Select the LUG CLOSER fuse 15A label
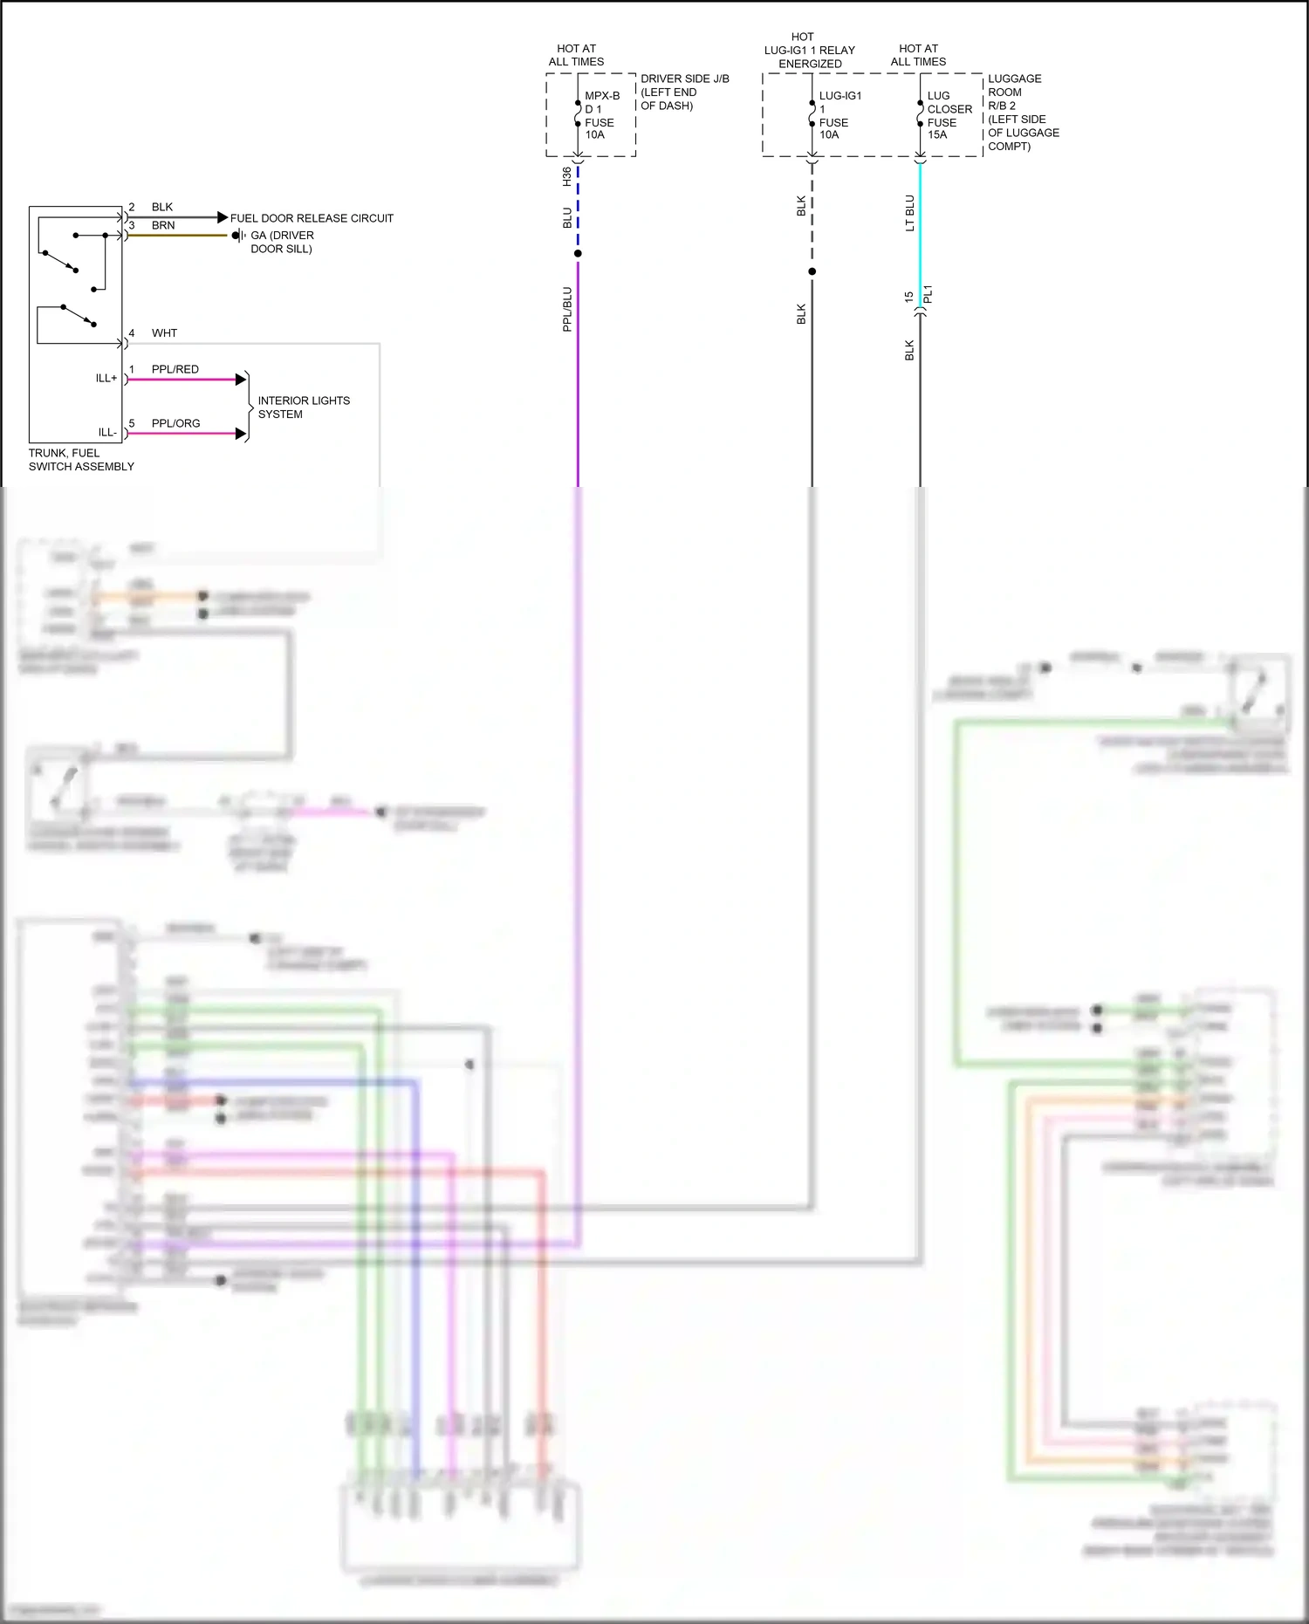pos(948,115)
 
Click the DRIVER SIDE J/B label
pos(683,92)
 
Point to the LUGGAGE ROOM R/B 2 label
pos(1022,112)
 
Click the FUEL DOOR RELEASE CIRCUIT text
pos(312,218)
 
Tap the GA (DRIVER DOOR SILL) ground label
pos(282,242)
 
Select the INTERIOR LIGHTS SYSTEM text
pos(303,408)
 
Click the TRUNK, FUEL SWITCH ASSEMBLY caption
pos(81,460)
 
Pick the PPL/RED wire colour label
pos(175,369)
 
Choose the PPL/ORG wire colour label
pos(175,423)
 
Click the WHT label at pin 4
pos(164,333)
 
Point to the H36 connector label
pos(566,176)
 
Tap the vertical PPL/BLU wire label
pos(567,309)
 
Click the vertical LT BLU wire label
pos(909,213)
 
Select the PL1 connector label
pos(929,294)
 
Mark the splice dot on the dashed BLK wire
pos(812,271)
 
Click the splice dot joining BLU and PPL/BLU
pos(578,254)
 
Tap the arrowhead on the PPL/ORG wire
pos(241,434)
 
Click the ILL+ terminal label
pos(106,378)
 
